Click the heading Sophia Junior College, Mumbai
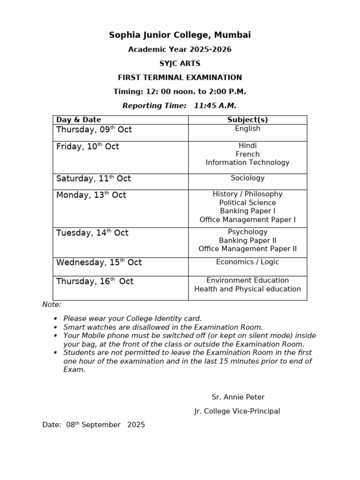[x=180, y=35]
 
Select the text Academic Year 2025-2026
[x=180, y=50]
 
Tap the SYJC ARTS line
[x=180, y=64]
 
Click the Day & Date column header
[x=79, y=120]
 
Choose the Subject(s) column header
[x=247, y=120]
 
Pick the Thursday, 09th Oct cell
[x=94, y=130]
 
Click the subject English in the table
[x=247, y=129]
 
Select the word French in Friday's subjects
[x=247, y=154]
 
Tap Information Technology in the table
[x=247, y=163]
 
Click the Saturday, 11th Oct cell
[x=94, y=179]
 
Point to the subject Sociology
[x=247, y=178]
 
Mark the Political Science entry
[x=247, y=203]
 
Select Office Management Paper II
[x=247, y=249]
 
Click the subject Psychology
[x=247, y=232]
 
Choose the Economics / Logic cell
[x=247, y=262]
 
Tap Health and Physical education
[x=247, y=289]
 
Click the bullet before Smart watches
[x=55, y=328]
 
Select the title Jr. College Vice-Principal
[x=237, y=411]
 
